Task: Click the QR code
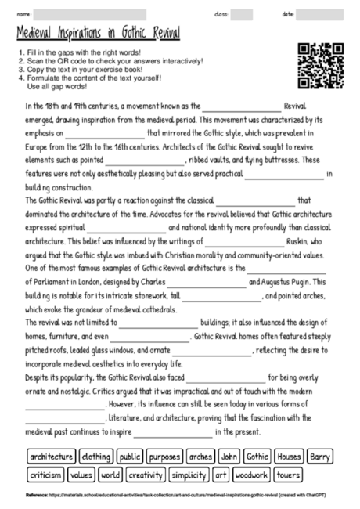tap(321, 67)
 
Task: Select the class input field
tap(242, 14)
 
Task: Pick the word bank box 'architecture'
tap(51, 456)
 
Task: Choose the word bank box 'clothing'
tap(97, 456)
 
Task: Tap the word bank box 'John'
tap(229, 456)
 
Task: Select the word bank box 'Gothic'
tap(257, 456)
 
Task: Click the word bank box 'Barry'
tap(319, 456)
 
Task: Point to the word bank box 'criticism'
tap(45, 475)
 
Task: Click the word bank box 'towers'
tap(288, 475)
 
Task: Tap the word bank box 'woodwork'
tap(251, 475)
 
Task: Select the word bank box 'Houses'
tap(289, 456)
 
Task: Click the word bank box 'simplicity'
tap(189, 475)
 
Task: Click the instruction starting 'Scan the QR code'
tap(110, 61)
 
